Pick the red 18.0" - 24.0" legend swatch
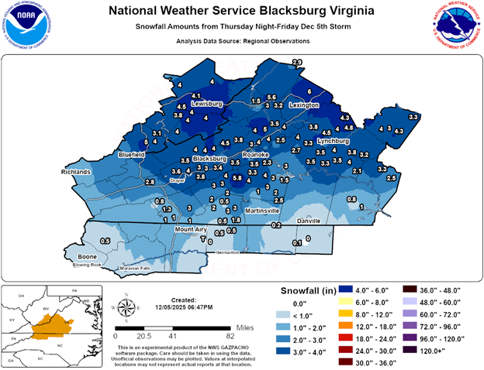click(296, 339)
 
